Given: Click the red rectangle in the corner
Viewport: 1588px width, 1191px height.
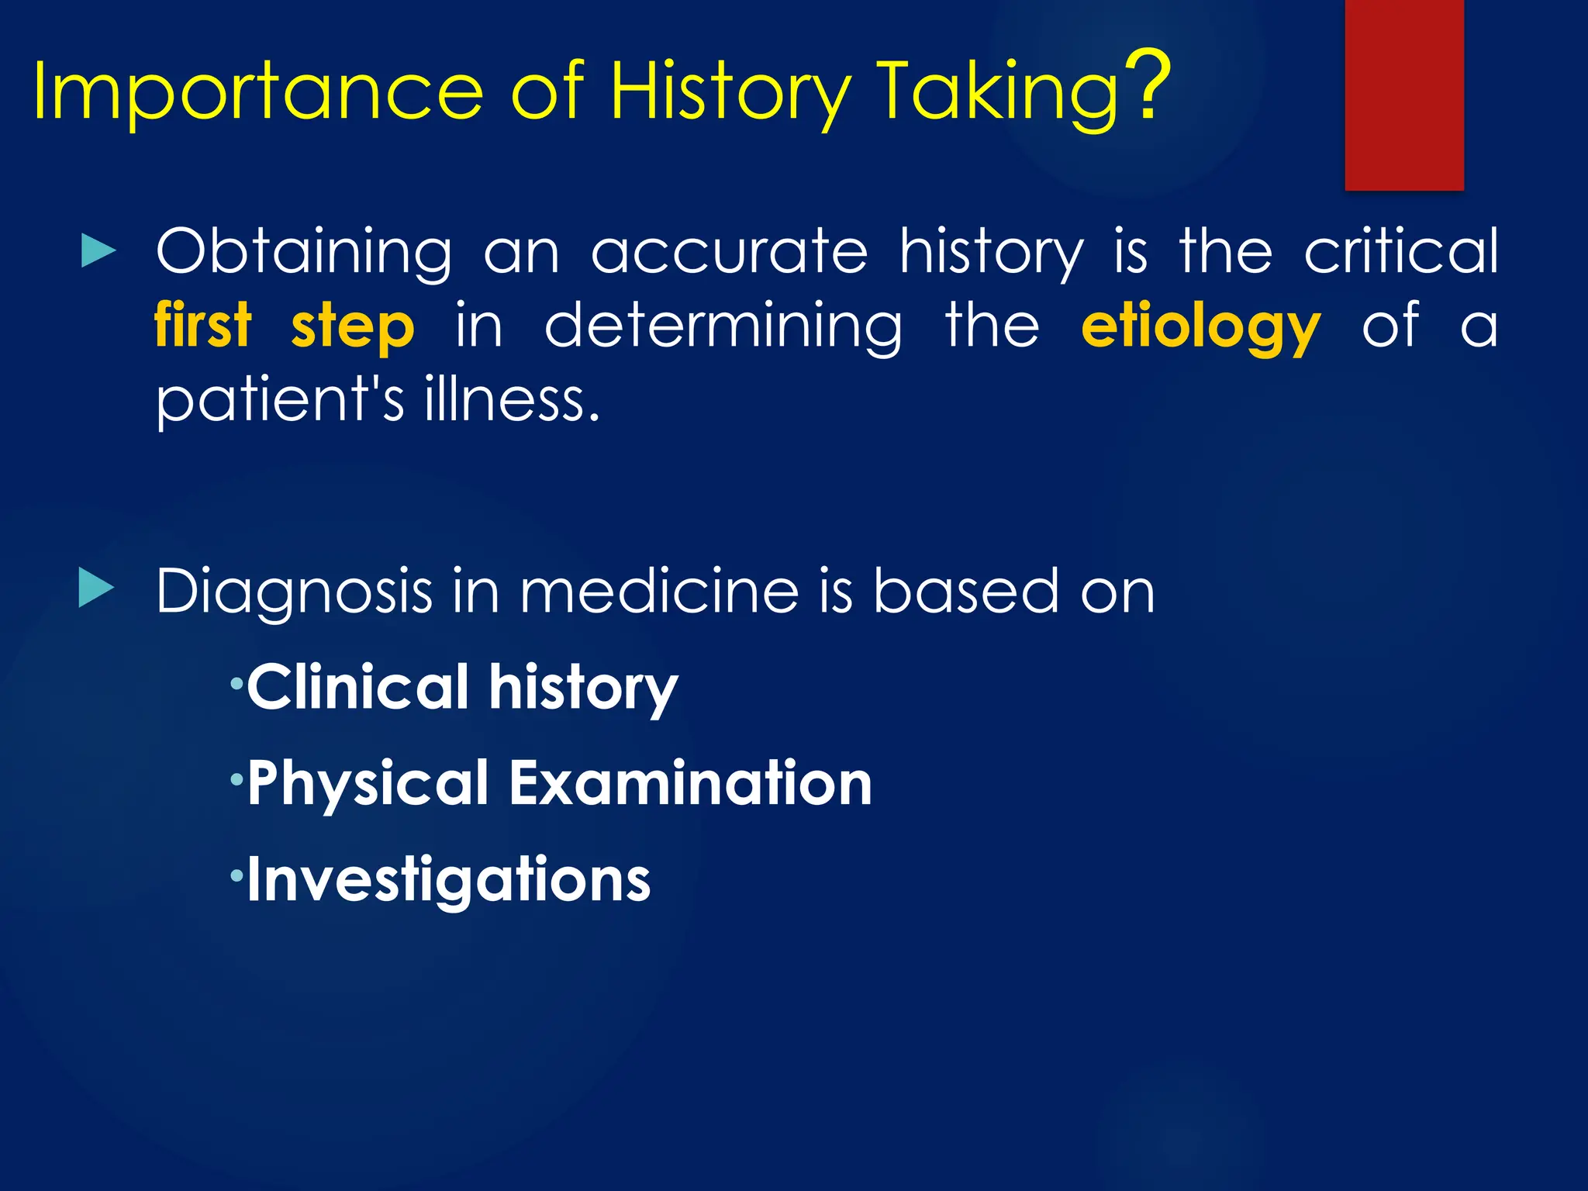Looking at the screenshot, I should tap(1403, 95).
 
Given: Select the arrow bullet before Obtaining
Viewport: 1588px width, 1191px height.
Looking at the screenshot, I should tap(98, 253).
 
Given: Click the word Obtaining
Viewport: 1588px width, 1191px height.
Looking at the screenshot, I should tap(303, 253).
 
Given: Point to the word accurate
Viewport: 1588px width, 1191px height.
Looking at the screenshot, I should tap(729, 253).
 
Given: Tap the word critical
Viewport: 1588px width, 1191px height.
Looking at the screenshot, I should tap(1400, 251).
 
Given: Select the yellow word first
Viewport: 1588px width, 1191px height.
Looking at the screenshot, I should tap(203, 326).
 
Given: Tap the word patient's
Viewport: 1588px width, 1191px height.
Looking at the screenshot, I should tap(279, 400).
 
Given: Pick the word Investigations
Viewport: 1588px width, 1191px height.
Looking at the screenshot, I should tap(448, 881).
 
